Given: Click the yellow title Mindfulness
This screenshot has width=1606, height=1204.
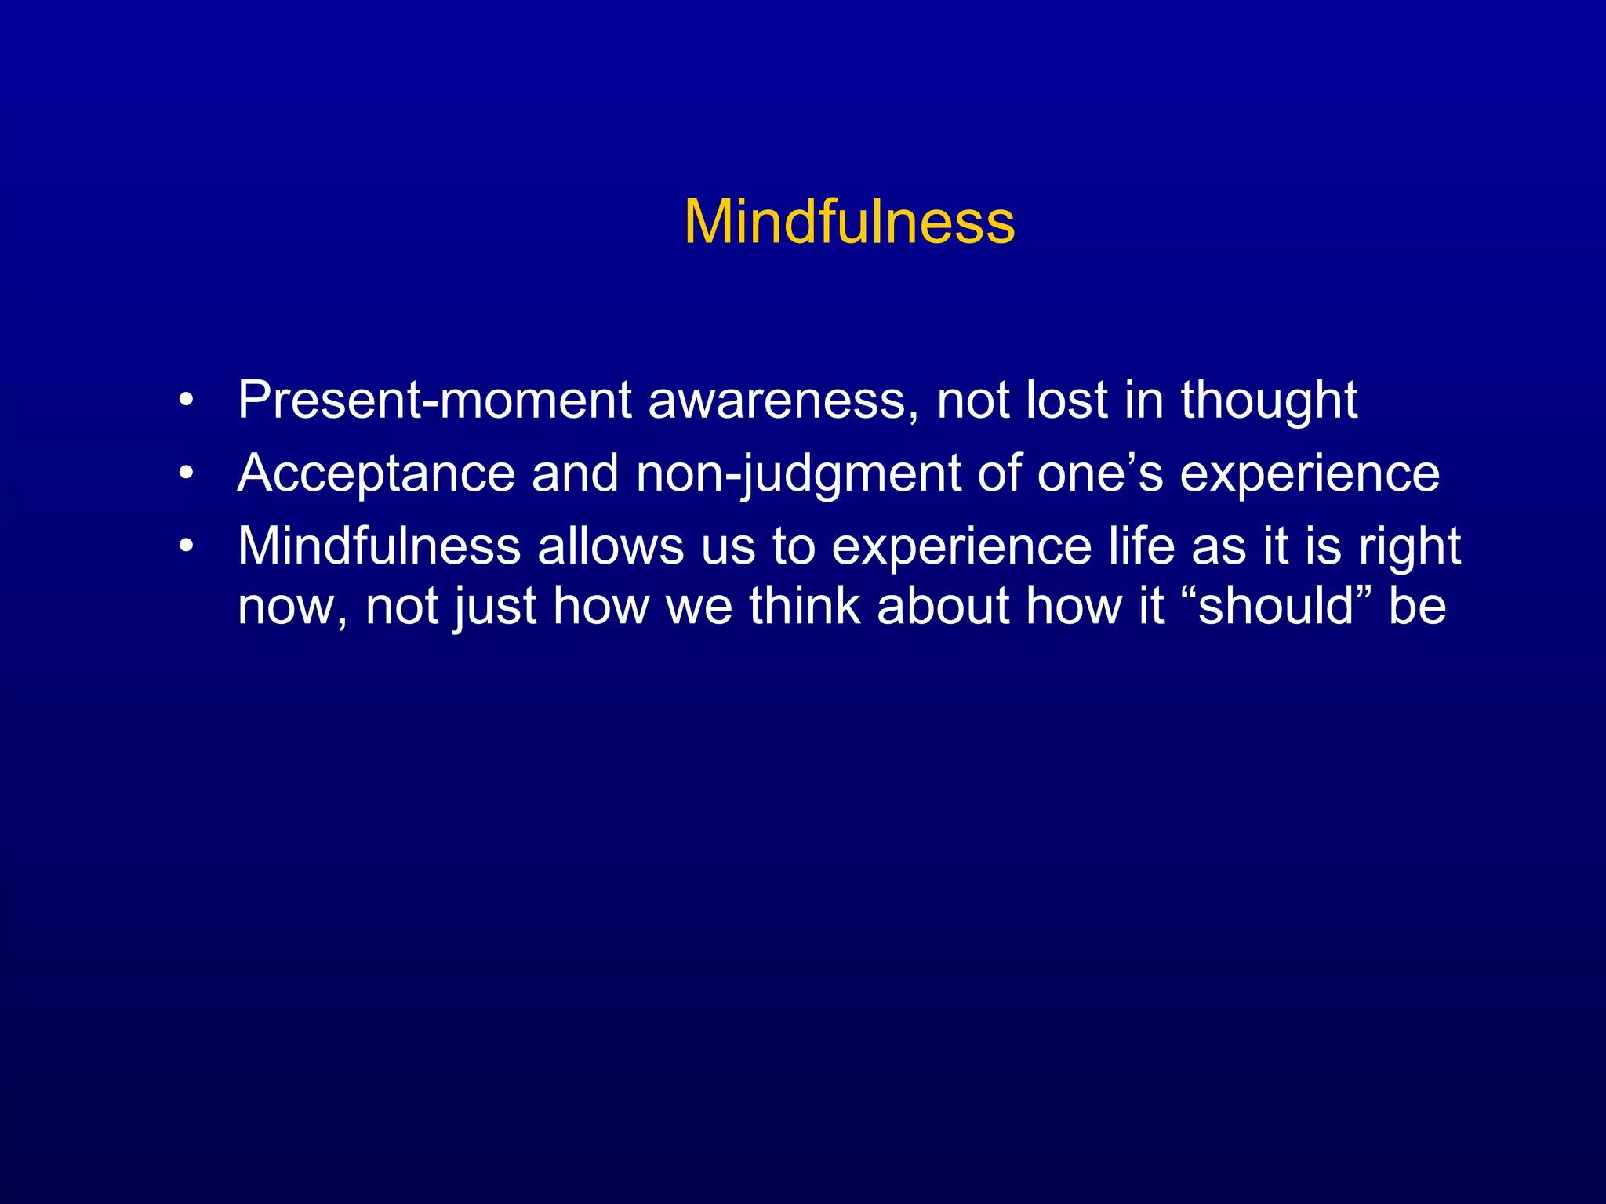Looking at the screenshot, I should pyautogui.click(x=849, y=222).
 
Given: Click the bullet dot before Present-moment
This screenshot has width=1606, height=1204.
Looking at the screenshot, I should pyautogui.click(x=186, y=401).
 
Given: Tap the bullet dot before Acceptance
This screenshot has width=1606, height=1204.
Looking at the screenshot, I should pyautogui.click(x=186, y=473).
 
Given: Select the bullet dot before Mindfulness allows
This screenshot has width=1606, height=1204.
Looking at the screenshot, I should pyautogui.click(x=186, y=546).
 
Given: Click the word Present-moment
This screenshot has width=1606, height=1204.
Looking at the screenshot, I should pyautogui.click(x=434, y=401).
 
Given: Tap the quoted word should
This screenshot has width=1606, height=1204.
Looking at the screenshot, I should pyautogui.click(x=1276, y=605).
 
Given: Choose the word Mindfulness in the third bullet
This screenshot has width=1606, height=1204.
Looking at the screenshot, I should pyautogui.click(x=379, y=546).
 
